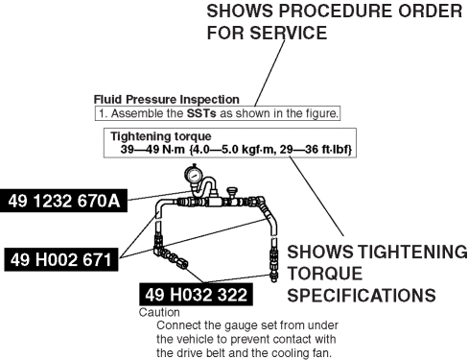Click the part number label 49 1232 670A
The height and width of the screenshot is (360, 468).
click(x=63, y=201)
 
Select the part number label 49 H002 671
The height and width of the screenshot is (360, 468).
click(x=61, y=259)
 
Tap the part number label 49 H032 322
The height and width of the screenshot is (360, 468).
click(x=196, y=295)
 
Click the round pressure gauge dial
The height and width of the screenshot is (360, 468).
click(x=194, y=176)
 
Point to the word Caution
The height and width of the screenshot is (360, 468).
click(x=159, y=312)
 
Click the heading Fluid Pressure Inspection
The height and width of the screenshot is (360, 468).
click(x=167, y=100)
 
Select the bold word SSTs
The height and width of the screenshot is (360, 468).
click(x=201, y=113)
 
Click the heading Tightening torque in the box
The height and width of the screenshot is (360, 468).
click(x=161, y=136)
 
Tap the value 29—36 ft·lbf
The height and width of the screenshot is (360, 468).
click(x=316, y=150)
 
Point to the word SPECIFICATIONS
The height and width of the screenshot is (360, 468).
click(x=362, y=295)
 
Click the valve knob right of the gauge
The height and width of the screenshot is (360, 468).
click(x=231, y=191)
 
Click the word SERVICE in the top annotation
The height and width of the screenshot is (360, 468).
click(x=289, y=33)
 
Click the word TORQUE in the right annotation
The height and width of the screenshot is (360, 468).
click(x=325, y=274)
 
